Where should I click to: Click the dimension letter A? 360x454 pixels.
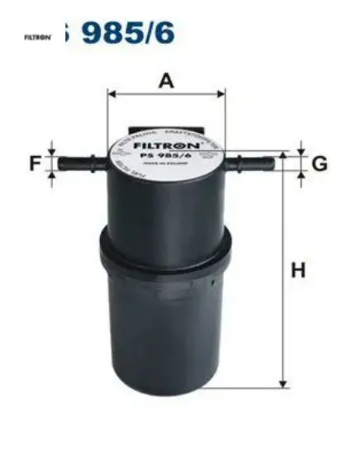tap(167, 81)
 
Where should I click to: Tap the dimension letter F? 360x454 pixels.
tap(36, 163)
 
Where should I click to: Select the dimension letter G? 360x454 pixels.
tap(319, 163)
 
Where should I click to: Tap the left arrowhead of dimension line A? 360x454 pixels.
tap(112, 94)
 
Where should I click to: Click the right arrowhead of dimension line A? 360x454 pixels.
tap(220, 94)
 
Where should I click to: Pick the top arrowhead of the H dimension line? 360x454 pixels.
tap(284, 156)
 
